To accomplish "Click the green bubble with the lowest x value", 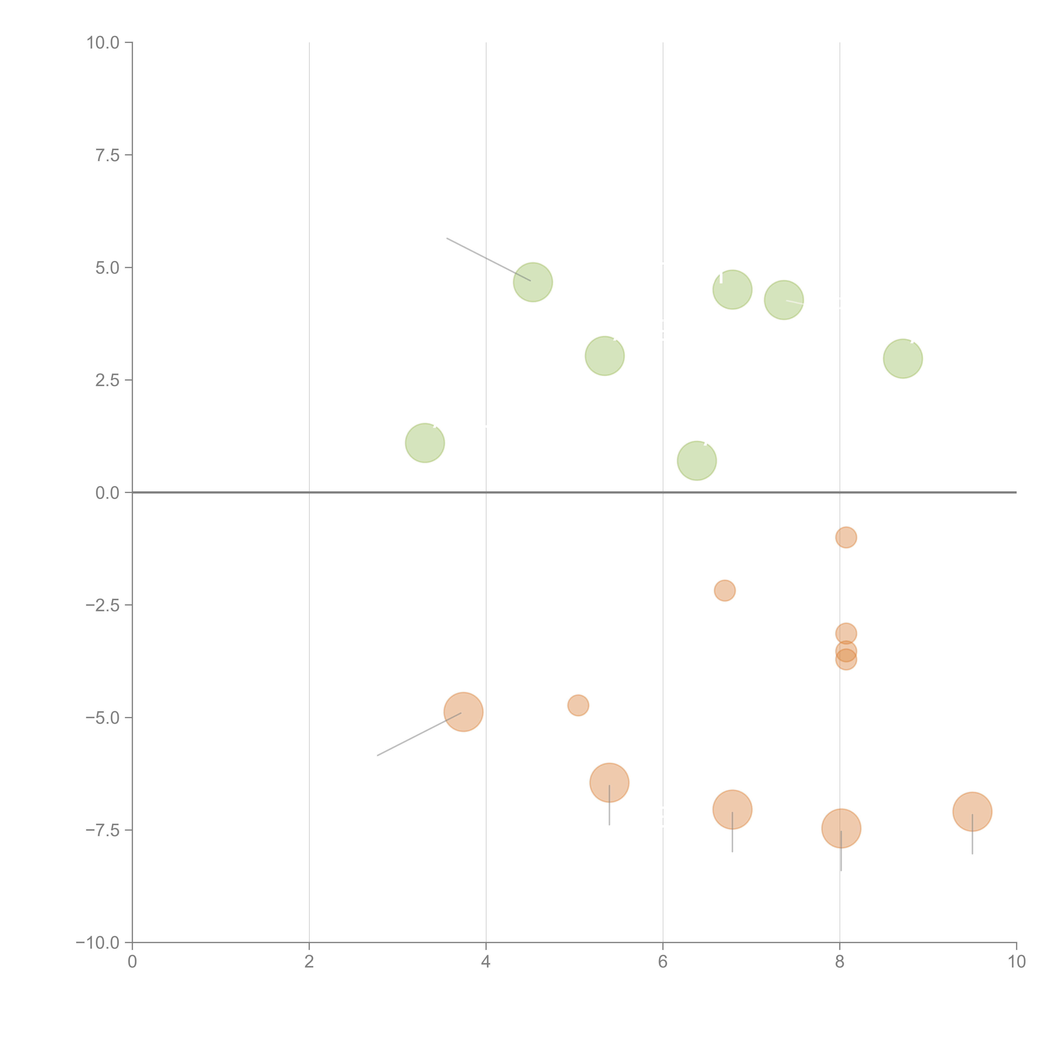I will click(x=425, y=443).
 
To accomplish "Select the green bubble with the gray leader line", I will click(x=533, y=282).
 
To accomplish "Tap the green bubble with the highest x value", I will click(x=903, y=359).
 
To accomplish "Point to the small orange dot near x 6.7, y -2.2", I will click(x=725, y=590).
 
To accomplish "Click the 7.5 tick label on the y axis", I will click(x=107, y=155).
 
